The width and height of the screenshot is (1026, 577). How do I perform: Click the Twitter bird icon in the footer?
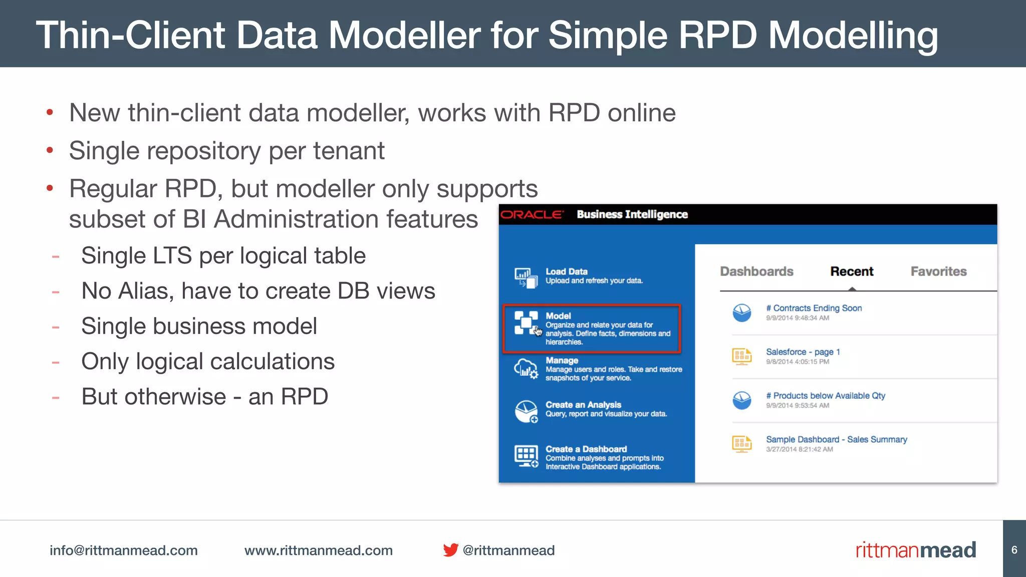pos(450,550)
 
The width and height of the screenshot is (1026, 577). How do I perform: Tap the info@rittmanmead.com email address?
pos(123,550)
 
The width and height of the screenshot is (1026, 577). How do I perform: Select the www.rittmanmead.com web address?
pos(318,550)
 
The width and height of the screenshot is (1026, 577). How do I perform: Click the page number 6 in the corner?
pos(1014,550)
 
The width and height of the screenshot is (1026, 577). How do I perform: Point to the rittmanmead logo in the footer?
pos(915,550)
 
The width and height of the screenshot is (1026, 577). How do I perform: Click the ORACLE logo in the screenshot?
pos(532,215)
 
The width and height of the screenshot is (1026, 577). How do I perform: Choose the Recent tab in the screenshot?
pos(852,271)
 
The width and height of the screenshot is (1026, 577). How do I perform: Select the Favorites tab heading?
pos(938,271)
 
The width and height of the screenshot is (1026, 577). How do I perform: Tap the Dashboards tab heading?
pos(756,271)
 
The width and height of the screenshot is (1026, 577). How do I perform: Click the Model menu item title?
pos(558,316)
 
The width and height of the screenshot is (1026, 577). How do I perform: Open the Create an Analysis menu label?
pos(583,405)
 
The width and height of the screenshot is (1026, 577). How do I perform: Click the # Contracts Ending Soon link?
pos(814,308)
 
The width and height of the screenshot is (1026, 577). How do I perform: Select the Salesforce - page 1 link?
pos(803,352)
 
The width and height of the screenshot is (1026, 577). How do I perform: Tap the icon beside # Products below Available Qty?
pos(741,400)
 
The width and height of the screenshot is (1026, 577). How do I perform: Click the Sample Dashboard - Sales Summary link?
pos(836,439)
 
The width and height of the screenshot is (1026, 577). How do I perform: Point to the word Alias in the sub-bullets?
pos(146,291)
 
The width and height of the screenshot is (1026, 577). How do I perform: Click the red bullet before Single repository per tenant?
pos(50,150)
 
